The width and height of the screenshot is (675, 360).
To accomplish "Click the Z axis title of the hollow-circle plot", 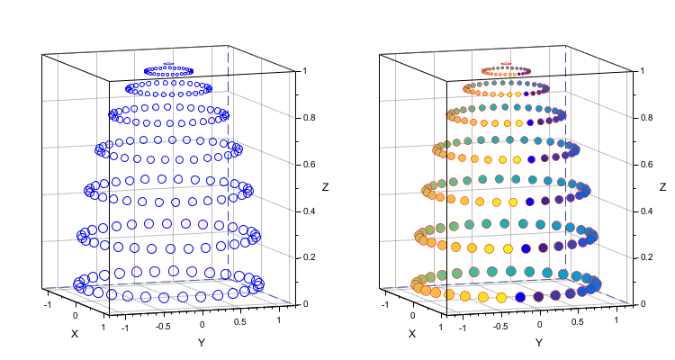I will [325, 187].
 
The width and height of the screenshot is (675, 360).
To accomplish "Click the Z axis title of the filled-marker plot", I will [662, 187].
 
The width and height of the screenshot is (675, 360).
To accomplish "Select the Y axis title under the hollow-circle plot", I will [202, 343].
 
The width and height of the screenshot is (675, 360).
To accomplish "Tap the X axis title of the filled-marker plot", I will [411, 334].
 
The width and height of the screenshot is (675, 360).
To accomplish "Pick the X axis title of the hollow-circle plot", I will [74, 334].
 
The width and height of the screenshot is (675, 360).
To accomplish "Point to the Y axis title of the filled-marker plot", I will [539, 343].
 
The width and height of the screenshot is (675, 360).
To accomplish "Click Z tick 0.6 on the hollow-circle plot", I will [310, 165].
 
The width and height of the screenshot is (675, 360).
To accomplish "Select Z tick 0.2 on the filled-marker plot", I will [647, 258].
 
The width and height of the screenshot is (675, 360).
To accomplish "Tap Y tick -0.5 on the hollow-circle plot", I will [164, 327].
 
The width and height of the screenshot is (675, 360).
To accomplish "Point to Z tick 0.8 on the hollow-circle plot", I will [310, 118].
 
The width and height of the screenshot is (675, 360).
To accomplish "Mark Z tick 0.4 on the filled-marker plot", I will [647, 211].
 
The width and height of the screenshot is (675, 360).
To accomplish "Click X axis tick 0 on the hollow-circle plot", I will [76, 315].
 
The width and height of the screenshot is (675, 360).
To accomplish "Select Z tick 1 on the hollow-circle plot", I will [305, 71].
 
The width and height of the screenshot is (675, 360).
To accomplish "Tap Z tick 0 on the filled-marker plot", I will [643, 305].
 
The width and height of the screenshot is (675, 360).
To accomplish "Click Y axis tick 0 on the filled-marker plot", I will [540, 324].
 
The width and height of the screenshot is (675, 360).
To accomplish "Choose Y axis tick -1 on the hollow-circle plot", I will [124, 329].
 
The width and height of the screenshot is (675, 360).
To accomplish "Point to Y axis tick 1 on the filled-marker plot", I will [615, 319].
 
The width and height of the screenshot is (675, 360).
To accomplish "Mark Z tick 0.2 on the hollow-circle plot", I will [310, 258].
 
